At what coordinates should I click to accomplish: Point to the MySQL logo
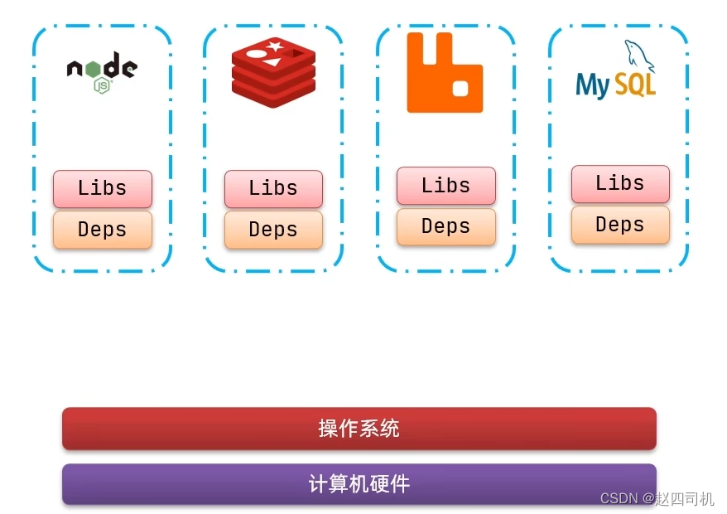616,75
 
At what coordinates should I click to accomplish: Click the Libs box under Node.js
103,189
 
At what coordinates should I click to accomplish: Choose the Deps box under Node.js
103,230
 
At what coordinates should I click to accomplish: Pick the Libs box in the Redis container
273,189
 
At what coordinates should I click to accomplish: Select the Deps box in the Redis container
273,230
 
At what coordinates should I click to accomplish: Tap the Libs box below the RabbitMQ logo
446,186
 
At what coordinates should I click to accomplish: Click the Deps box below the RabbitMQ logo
446,226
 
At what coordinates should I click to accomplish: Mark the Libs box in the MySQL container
620,183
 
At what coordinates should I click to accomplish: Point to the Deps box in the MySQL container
620,225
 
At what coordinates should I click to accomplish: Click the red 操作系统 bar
359,429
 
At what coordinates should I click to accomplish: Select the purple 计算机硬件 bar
359,484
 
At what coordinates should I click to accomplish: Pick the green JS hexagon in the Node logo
102,85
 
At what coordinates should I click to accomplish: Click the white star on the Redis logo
276,46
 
